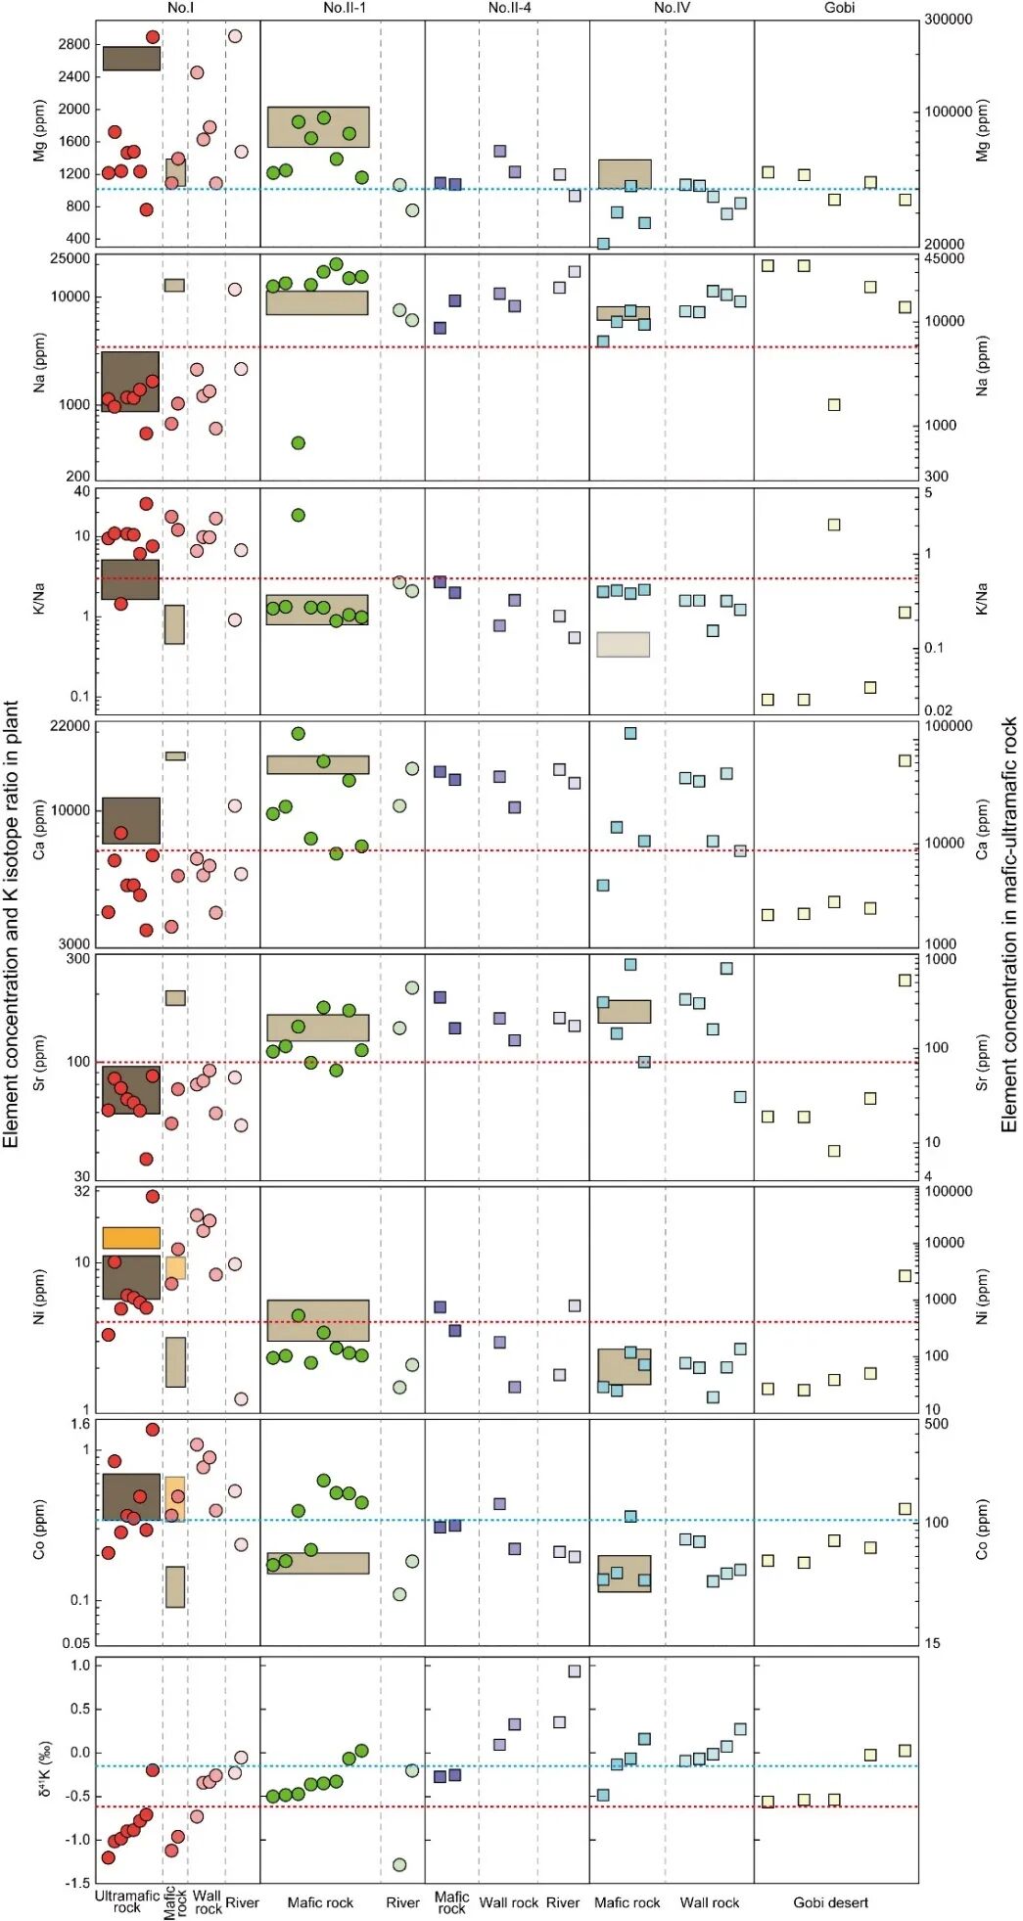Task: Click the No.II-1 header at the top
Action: click(345, 8)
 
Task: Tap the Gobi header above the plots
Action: click(839, 8)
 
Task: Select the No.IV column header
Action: click(672, 8)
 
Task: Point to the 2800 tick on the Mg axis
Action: click(73, 44)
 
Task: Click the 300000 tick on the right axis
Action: click(949, 20)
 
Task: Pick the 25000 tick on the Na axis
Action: click(70, 259)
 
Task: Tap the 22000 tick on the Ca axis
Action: click(70, 726)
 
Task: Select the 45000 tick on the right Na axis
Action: click(945, 259)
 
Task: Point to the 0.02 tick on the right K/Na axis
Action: click(938, 710)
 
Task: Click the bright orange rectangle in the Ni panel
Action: click(131, 1238)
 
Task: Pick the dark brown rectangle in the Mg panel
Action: click(131, 58)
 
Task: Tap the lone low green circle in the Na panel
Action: click(299, 443)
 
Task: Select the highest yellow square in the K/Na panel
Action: click(834, 525)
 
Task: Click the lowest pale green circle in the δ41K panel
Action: click(399, 1864)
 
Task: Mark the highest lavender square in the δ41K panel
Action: click(575, 1671)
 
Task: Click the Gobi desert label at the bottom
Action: click(831, 1902)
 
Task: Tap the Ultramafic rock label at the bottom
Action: click(127, 1901)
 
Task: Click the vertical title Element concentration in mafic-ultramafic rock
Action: click(1009, 925)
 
